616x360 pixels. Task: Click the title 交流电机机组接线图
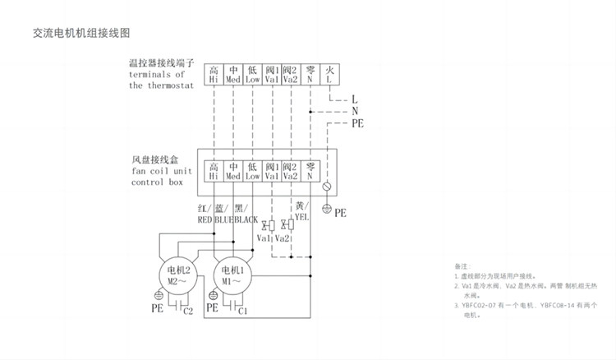tap(82, 33)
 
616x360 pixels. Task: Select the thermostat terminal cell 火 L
tap(329, 75)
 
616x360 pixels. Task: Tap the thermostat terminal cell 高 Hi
tap(214, 75)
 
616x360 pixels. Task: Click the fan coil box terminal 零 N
tap(310, 171)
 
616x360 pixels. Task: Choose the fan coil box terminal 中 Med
tap(233, 171)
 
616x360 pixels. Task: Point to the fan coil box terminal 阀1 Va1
tap(272, 171)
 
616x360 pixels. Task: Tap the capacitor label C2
tap(188, 312)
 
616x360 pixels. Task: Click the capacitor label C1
tap(243, 312)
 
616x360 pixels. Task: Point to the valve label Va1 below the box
tap(264, 238)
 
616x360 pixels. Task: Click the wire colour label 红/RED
tap(205, 214)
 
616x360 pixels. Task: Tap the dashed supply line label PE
tap(357, 122)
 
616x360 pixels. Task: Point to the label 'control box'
tap(157, 182)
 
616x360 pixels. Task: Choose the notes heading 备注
tap(461, 267)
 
